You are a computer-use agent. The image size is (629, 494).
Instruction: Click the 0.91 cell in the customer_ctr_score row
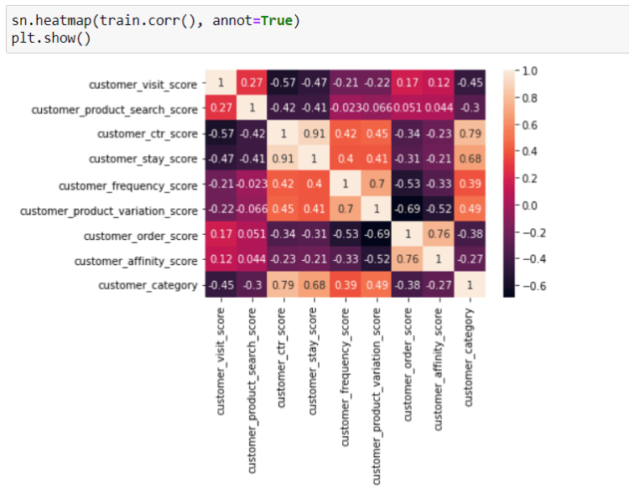click(314, 133)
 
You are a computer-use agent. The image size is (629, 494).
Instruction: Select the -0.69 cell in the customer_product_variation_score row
click(407, 210)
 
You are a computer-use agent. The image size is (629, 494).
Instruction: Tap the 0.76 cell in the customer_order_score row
click(439, 235)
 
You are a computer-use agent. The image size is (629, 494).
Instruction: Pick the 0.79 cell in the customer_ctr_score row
click(470, 133)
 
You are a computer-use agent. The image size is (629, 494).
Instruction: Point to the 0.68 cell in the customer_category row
click(314, 285)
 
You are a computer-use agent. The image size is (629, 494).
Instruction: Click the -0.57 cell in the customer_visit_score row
click(283, 83)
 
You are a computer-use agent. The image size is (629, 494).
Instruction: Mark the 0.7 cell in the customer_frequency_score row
click(376, 185)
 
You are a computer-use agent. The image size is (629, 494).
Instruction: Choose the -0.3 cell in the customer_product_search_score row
click(470, 108)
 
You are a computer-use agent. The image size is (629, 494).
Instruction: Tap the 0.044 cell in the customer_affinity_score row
click(252, 260)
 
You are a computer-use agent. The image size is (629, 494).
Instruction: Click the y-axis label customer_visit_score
click(143, 85)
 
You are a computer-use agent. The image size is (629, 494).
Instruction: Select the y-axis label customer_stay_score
click(147, 159)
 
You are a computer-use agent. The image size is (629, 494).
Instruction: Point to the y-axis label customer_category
click(148, 286)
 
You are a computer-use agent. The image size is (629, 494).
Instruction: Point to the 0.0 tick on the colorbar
click(528, 205)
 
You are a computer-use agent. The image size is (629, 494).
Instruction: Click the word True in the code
click(275, 19)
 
